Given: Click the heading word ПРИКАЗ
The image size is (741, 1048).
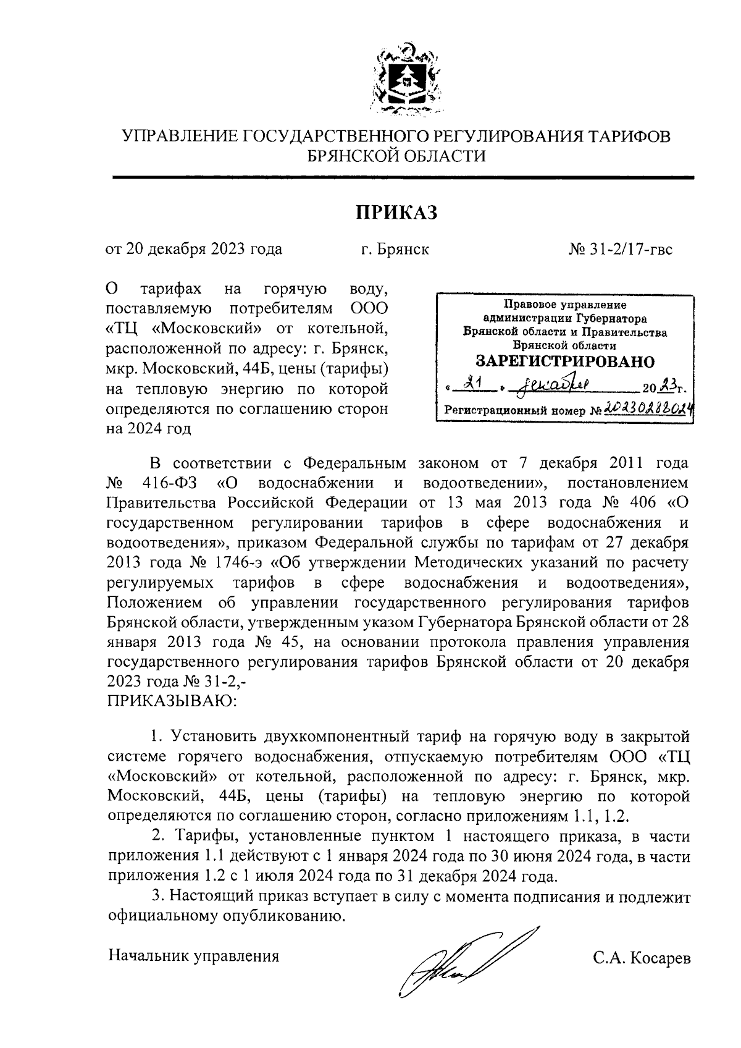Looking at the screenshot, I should click(x=396, y=213).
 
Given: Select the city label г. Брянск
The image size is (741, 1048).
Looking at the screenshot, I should click(x=395, y=249).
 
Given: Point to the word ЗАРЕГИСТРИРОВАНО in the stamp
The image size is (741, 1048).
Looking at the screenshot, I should click(x=565, y=361).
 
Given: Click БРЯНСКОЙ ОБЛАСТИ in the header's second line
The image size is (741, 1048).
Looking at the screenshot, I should click(x=396, y=156).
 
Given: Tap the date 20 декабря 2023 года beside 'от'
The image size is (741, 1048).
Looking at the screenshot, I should click(x=204, y=249).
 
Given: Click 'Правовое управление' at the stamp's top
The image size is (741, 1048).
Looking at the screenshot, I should click(x=565, y=305).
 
